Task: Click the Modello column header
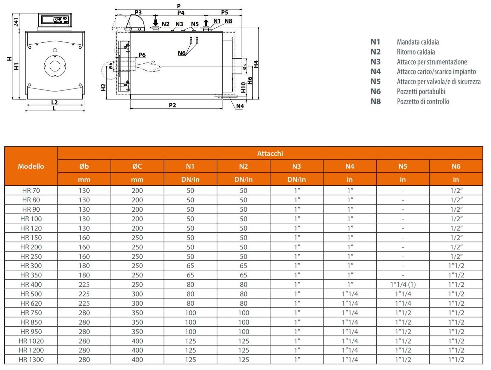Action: [x=31, y=166]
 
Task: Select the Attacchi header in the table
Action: [x=270, y=153]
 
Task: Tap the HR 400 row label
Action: [x=31, y=285]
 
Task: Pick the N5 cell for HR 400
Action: [x=403, y=285]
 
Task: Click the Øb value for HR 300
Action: [x=84, y=266]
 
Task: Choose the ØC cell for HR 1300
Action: [x=137, y=360]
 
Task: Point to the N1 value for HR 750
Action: [x=190, y=313]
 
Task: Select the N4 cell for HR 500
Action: [x=350, y=294]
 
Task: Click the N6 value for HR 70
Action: [x=456, y=191]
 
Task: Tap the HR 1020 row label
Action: [x=31, y=341]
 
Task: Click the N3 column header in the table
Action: [x=296, y=166]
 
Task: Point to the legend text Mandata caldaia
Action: [x=418, y=42]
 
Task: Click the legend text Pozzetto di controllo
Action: [x=423, y=101]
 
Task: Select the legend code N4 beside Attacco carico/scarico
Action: [x=375, y=72]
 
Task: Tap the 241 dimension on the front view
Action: [x=16, y=22]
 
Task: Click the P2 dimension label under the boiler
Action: [x=172, y=105]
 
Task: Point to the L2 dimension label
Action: [x=54, y=102]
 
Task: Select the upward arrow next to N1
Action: [x=206, y=23]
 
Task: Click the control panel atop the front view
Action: [x=55, y=20]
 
